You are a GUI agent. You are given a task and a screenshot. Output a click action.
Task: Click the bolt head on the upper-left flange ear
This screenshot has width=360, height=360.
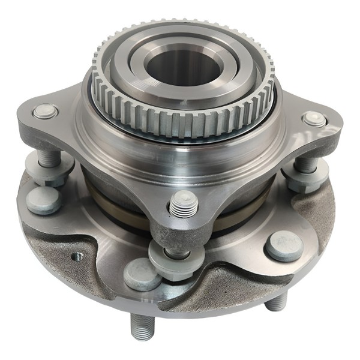click(x=46, y=112)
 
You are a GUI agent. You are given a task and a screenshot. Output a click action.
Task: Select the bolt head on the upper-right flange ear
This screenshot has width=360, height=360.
click(x=314, y=119)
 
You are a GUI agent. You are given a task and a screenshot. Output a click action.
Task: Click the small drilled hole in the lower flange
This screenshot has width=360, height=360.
click(x=77, y=257)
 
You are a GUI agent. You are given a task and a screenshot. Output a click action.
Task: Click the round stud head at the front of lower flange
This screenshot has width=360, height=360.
click(x=142, y=275)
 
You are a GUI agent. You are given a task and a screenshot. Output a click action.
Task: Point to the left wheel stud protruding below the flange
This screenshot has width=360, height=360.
click(x=142, y=327)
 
